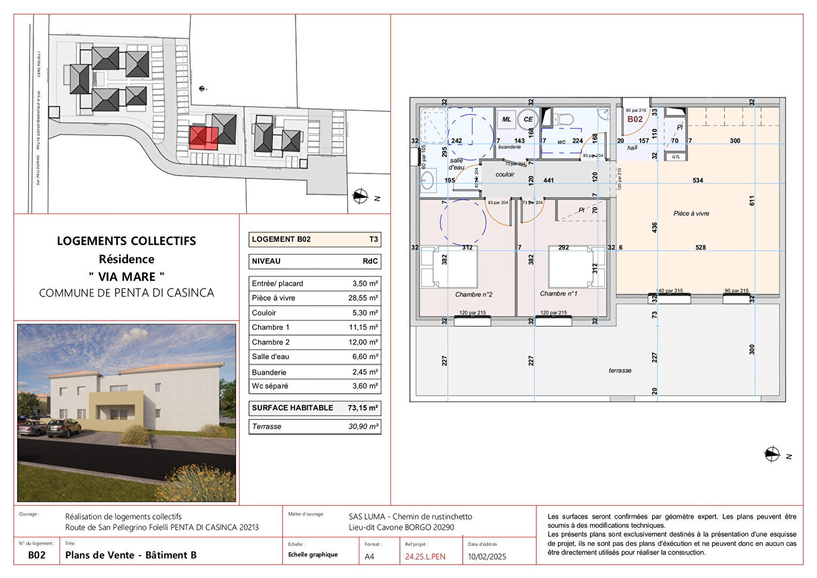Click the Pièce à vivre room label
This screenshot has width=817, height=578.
point(691,214)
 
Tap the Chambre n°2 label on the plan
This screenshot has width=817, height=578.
point(474,294)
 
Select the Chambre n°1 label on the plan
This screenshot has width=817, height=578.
point(558,294)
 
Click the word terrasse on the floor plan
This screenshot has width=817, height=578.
point(620,370)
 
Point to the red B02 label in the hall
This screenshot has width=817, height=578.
point(635,119)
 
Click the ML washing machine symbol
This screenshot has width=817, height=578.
point(506,119)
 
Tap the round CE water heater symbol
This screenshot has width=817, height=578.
point(528,119)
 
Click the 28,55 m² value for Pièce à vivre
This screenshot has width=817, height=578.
point(363,298)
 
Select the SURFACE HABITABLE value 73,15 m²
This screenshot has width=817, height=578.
point(363,408)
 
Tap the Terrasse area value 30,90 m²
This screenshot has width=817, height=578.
point(363,427)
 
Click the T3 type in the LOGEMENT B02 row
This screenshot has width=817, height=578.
point(373,239)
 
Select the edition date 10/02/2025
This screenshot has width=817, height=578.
point(487,557)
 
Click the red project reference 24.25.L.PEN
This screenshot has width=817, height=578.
point(425,557)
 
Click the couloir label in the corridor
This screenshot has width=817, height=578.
point(504,174)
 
